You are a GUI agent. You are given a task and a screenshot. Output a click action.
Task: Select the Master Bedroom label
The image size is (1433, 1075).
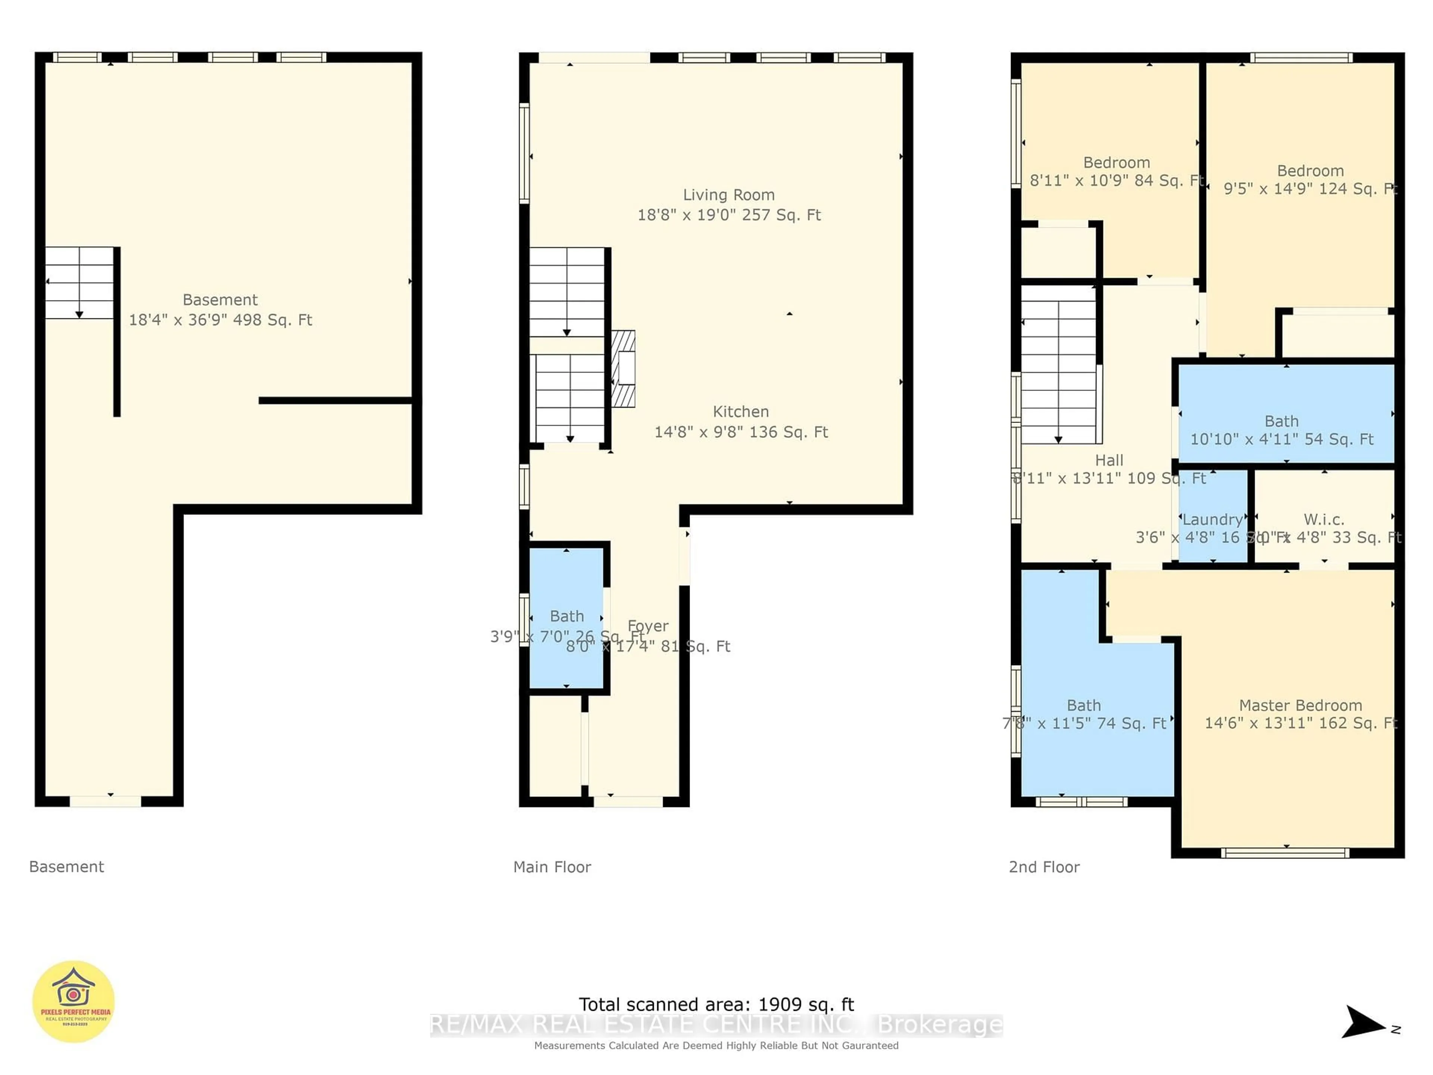[x=1300, y=705]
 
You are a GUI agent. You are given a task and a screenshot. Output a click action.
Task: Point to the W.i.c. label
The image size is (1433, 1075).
[x=1324, y=520]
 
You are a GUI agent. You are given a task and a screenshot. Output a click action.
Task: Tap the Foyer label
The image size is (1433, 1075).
[x=648, y=626]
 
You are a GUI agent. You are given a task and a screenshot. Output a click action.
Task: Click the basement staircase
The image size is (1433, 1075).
[x=79, y=283]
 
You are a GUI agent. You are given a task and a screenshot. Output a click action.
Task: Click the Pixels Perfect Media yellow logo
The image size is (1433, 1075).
[x=74, y=1002]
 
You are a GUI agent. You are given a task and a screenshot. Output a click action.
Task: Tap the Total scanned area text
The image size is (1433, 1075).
[x=716, y=1004]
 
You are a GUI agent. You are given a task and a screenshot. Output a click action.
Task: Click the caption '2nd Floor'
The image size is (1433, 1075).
[x=1044, y=867]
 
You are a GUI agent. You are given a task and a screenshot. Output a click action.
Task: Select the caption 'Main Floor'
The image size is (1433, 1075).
[x=552, y=867]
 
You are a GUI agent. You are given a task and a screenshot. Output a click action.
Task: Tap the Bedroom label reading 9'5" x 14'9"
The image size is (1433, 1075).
[x=1310, y=171]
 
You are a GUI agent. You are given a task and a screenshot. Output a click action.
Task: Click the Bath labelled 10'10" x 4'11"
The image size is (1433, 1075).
[x=1281, y=421]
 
